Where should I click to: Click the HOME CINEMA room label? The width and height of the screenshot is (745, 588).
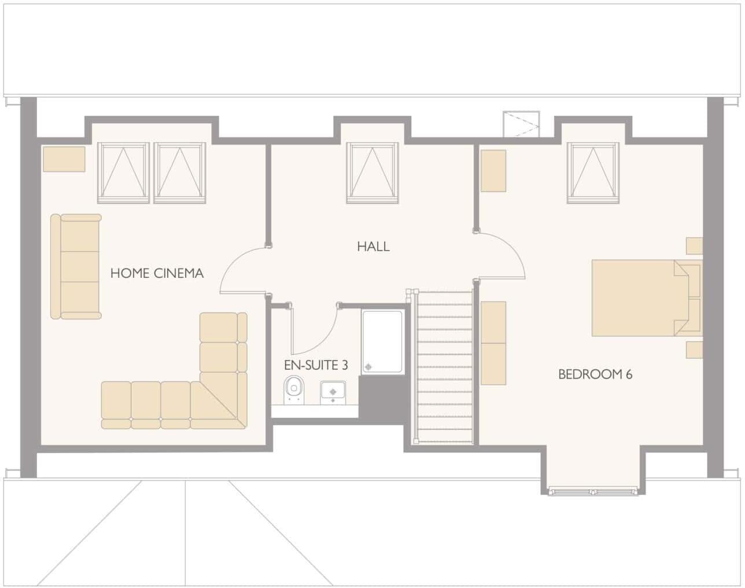pyautogui.click(x=157, y=273)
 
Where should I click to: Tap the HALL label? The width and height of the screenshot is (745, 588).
pyautogui.click(x=373, y=247)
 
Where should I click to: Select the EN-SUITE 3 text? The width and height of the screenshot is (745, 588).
pyautogui.click(x=316, y=365)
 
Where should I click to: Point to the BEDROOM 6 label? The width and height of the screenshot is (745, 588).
pyautogui.click(x=595, y=374)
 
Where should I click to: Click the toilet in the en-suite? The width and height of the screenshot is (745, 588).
pyautogui.click(x=294, y=388)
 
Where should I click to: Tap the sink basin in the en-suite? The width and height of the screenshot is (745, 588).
pyautogui.click(x=333, y=391)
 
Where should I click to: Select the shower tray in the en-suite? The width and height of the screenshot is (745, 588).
pyautogui.click(x=382, y=342)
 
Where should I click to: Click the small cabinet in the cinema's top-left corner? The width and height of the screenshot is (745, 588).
pyautogui.click(x=64, y=159)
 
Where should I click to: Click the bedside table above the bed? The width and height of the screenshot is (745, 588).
pyautogui.click(x=694, y=246)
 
